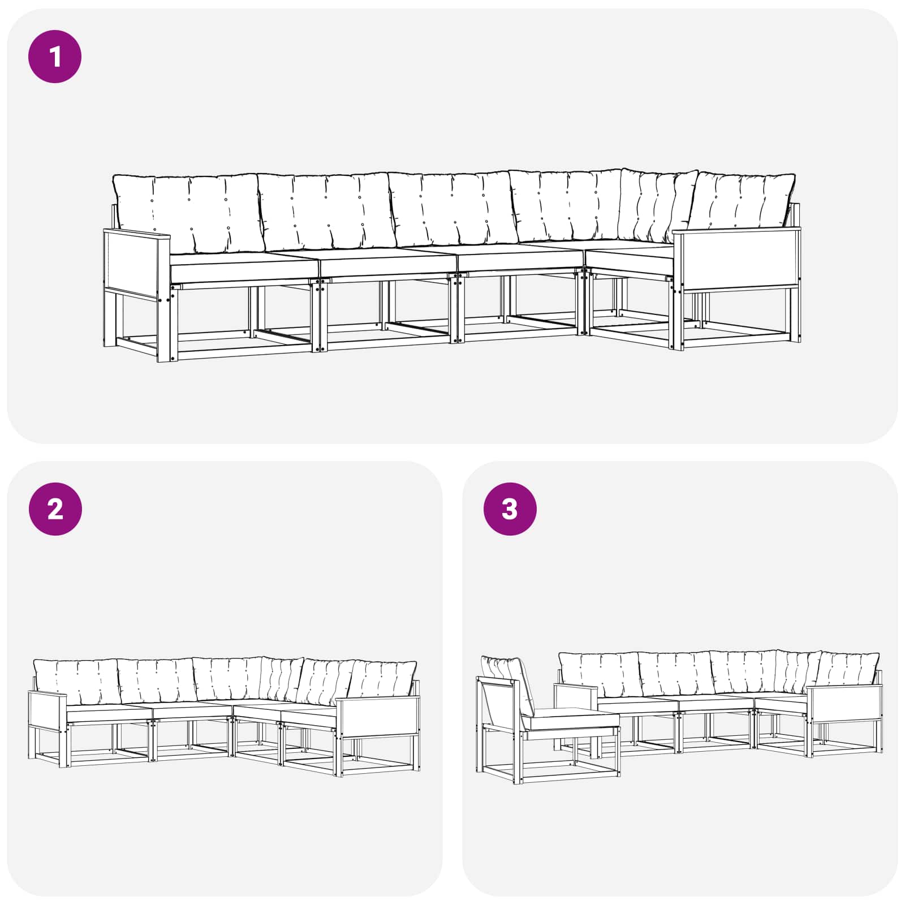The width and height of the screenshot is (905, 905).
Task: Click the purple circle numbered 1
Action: coord(55,57)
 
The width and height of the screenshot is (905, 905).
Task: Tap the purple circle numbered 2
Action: coord(55,509)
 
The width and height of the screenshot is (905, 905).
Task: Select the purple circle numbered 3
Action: coord(510,509)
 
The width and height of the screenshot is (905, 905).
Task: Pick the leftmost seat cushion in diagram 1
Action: coord(243,267)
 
